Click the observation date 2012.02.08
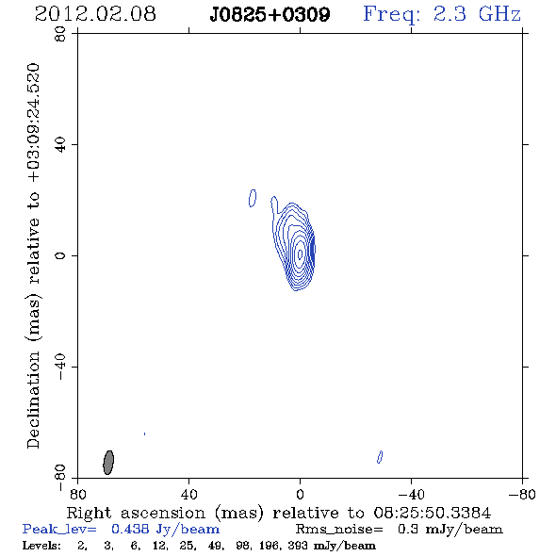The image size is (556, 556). tap(95, 14)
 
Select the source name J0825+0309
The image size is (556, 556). tap(270, 14)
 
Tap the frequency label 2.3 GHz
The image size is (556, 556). tap(477, 14)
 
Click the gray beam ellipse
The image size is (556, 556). tap(108, 463)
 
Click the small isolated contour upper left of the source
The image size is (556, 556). tap(253, 198)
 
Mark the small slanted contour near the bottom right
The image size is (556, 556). tap(380, 457)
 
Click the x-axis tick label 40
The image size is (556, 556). tap(189, 494)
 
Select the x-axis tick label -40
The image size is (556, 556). tap(411, 494)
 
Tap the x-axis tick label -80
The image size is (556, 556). tap(522, 494)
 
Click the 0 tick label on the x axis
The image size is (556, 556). tap(301, 494)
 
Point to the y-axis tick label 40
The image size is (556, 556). tap(60, 145)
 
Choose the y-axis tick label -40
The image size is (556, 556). tap(60, 367)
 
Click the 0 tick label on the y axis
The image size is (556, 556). tap(60, 255)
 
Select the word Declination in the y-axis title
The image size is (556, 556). tap(33, 400)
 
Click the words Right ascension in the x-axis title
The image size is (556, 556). tap(136, 513)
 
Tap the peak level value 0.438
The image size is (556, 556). tap(130, 529)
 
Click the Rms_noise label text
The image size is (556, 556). tap(339, 530)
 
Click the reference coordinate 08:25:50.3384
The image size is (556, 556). tap(433, 513)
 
